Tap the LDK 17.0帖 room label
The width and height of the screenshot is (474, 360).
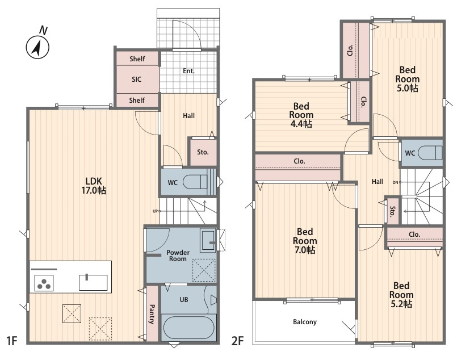94,186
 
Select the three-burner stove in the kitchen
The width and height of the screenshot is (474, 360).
44,283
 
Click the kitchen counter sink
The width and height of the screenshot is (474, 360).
93,282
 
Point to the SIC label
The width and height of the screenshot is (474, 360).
136,79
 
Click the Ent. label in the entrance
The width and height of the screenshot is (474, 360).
188,71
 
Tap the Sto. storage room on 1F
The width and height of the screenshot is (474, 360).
203,152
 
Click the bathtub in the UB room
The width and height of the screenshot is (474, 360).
188,328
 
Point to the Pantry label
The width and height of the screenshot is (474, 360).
152,314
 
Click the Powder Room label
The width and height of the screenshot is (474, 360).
178,256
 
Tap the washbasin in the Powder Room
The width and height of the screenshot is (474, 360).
208,240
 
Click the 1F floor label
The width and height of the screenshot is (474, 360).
12,341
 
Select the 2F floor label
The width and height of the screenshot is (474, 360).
237,341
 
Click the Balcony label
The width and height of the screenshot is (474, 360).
305,322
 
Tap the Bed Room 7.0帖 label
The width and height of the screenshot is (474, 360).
305,241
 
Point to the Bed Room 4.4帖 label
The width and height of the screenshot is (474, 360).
301,115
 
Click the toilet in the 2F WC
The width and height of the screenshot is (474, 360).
430,153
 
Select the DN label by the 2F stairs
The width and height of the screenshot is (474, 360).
396,183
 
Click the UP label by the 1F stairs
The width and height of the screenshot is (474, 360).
155,211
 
